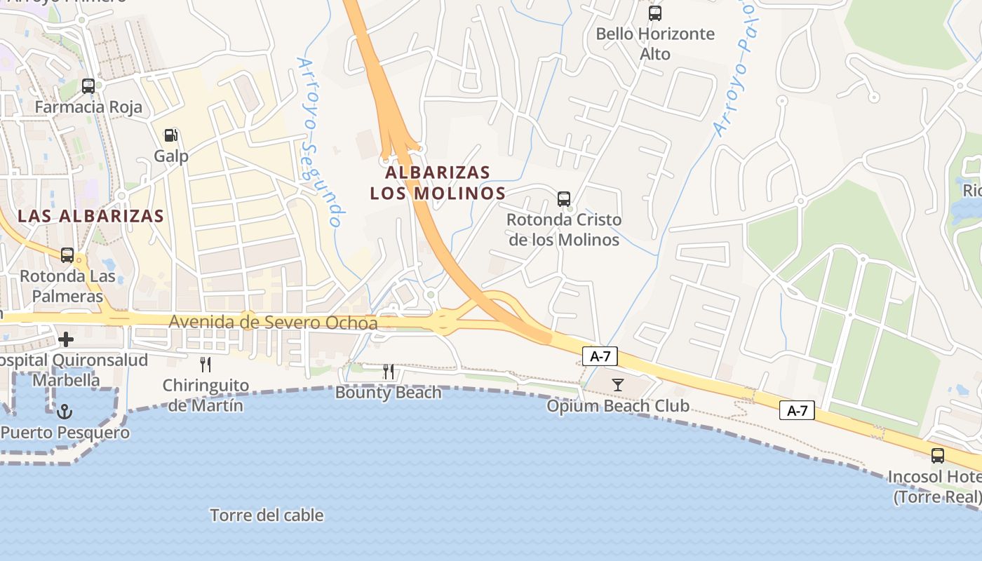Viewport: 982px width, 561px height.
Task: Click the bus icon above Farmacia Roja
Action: tap(88, 86)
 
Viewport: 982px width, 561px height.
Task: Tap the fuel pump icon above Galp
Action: tap(171, 135)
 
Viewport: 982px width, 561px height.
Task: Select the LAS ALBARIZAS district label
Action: tap(90, 216)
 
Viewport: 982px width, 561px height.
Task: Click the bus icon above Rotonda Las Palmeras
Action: tap(67, 255)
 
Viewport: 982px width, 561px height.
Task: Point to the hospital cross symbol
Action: tap(66, 340)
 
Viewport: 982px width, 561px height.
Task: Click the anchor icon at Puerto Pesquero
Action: tap(65, 412)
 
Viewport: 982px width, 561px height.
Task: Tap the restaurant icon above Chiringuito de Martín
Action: tap(206, 365)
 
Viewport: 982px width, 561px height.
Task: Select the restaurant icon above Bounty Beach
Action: tap(389, 372)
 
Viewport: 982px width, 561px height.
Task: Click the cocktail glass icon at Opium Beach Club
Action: tap(618, 384)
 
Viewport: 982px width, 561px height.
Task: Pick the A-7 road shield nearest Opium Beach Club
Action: tap(600, 356)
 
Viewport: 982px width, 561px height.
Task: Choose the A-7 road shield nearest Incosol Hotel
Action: tap(797, 411)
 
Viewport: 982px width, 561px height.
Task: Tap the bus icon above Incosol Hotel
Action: tap(938, 456)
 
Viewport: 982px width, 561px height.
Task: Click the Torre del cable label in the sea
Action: tap(267, 515)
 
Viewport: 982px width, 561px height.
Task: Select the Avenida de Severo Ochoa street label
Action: tap(273, 323)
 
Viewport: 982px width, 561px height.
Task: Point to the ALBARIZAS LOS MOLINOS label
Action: tap(438, 182)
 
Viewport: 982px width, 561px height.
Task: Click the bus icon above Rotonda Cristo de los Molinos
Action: tap(564, 199)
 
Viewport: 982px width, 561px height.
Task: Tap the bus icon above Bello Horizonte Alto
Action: tap(655, 13)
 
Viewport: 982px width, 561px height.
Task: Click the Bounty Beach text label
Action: tap(389, 393)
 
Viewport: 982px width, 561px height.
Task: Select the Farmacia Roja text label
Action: tap(88, 107)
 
